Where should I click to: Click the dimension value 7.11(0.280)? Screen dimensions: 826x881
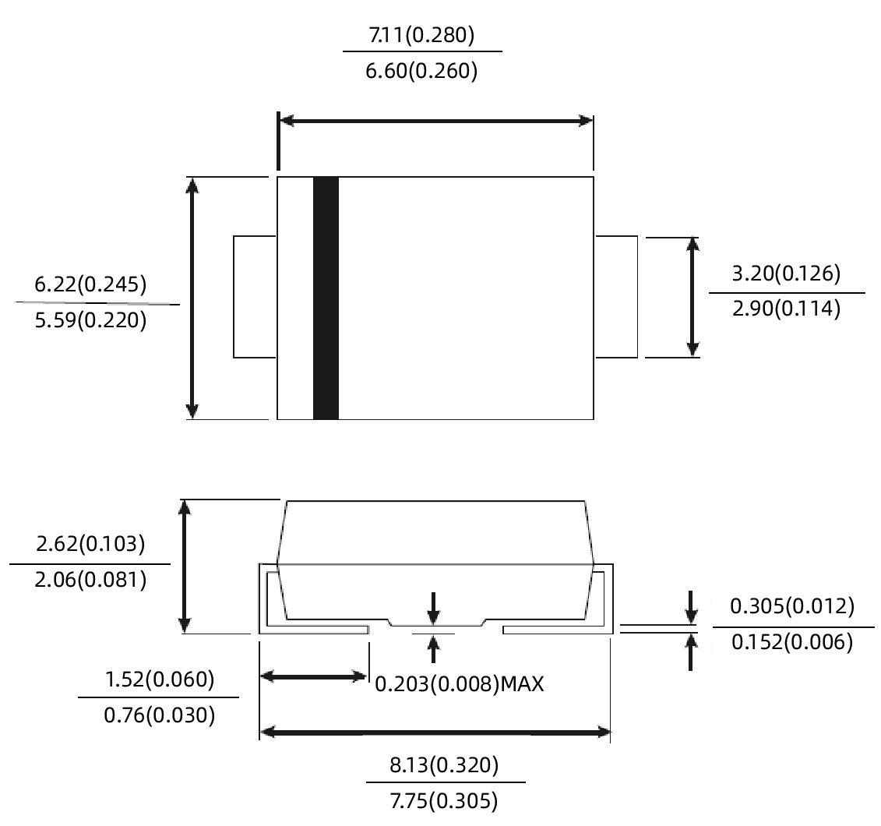(x=421, y=34)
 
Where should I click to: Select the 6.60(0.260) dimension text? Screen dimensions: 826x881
(x=421, y=72)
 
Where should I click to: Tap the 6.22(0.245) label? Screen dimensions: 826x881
(x=91, y=284)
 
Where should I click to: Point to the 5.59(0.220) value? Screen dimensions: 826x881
(x=91, y=321)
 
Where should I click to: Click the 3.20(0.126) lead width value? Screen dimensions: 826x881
(x=786, y=274)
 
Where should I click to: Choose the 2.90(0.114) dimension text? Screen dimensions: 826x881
(x=786, y=310)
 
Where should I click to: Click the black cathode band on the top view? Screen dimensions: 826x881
(x=326, y=298)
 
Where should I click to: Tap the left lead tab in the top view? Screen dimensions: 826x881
(x=255, y=296)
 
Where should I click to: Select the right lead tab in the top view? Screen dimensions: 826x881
(x=617, y=296)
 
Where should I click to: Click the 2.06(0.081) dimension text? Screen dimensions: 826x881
(x=90, y=580)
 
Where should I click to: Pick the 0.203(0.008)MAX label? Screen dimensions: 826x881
(x=459, y=685)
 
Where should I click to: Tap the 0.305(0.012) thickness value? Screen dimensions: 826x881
(x=791, y=606)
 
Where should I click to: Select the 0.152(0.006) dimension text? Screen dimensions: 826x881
(x=791, y=643)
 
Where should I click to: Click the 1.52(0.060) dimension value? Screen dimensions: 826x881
(x=159, y=679)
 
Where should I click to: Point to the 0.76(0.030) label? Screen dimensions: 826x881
(x=159, y=715)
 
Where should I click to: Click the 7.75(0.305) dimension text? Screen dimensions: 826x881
(x=444, y=801)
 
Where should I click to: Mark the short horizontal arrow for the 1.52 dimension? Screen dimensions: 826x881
(x=314, y=676)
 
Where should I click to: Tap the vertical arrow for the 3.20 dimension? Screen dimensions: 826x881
(x=692, y=297)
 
